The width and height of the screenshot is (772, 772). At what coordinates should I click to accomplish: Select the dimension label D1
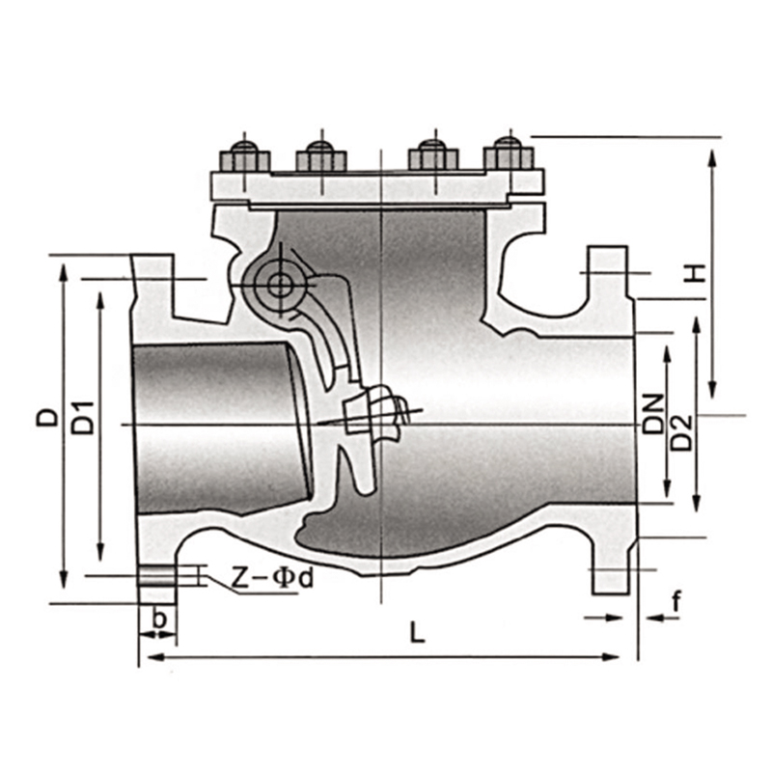point(83,418)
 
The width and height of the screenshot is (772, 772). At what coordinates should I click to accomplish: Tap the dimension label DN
point(653,414)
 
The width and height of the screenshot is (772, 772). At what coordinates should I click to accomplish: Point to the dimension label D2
point(682,432)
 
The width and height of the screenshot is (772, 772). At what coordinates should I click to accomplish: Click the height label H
point(695,273)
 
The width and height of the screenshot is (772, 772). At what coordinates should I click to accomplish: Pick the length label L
point(417,632)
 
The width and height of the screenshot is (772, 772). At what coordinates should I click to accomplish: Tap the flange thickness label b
point(159,619)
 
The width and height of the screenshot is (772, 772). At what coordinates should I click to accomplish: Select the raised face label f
point(677,601)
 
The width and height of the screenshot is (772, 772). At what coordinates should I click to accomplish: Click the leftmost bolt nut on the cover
point(245,157)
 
